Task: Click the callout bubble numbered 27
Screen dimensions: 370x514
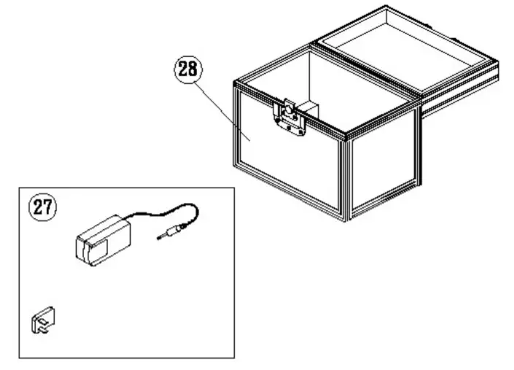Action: (42, 207)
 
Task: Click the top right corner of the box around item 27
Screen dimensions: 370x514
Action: (234, 188)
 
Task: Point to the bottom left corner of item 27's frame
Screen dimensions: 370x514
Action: (19, 358)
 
